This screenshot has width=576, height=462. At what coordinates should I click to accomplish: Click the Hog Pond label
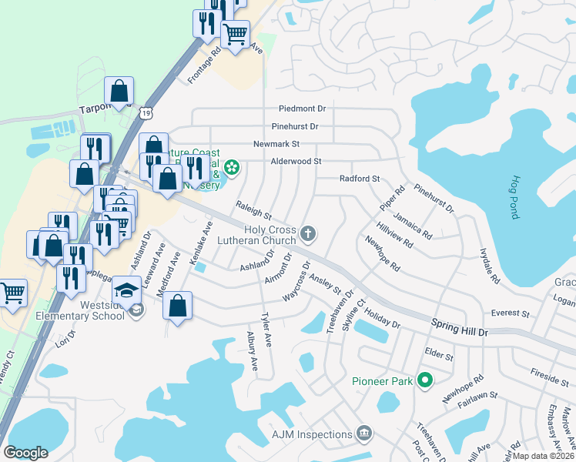point(514,197)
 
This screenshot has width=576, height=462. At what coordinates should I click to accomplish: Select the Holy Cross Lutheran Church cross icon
point(308,233)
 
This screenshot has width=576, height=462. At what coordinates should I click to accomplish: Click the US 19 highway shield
point(146,113)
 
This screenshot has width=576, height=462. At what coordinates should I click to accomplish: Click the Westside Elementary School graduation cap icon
point(127,290)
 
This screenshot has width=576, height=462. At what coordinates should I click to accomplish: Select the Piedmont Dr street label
point(303,109)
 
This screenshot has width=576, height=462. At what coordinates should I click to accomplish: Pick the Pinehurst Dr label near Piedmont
point(295,126)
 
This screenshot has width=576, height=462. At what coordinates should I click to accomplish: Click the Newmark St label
point(276,144)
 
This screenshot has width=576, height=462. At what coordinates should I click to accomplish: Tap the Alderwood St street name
point(296,161)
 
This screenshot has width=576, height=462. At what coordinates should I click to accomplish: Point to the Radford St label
point(360,179)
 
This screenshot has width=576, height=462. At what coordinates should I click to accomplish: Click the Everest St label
point(511,314)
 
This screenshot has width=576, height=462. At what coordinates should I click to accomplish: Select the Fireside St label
point(549,372)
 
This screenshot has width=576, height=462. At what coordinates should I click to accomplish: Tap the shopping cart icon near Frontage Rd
point(235,33)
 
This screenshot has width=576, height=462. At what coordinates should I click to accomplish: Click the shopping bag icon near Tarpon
point(120,91)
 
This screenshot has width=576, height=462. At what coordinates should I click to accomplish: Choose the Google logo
point(25,453)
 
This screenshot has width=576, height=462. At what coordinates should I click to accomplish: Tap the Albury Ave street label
point(252,354)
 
